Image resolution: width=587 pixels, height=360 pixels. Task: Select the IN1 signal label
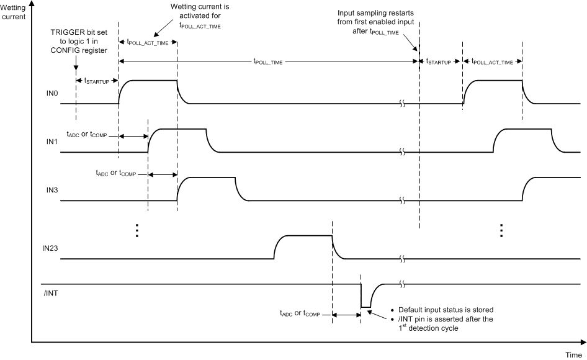click(52, 142)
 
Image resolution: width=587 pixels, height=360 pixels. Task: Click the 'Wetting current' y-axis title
click(13, 11)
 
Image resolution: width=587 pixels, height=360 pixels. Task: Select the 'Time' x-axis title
click(573, 354)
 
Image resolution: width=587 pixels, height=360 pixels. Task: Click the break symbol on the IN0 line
click(402, 104)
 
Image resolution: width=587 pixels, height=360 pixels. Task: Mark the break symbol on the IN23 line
click(402, 258)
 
